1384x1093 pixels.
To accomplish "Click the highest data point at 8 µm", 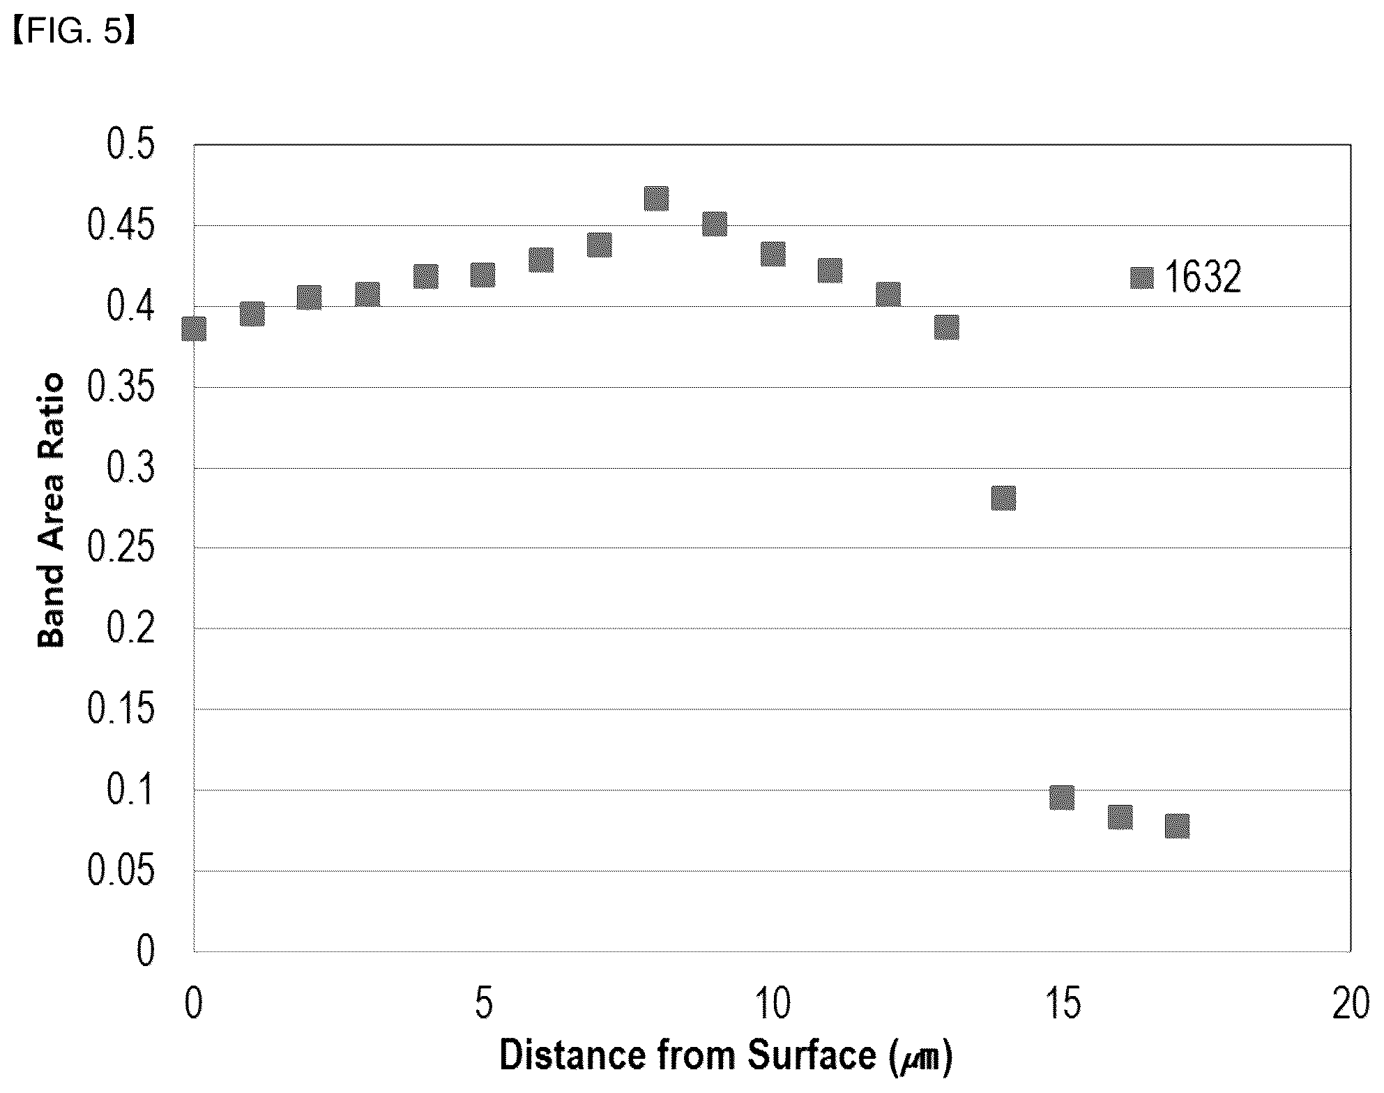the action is [656, 199].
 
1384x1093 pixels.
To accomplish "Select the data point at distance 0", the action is [194, 329].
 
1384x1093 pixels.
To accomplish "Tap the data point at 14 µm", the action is [1003, 499].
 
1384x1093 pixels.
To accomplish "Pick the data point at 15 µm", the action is [1062, 797].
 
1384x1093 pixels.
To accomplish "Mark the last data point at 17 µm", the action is [1177, 826].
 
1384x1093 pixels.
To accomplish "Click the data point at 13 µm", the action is [946, 326].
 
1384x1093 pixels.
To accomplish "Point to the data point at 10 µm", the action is [773, 254].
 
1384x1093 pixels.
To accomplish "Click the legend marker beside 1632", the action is [1142, 278].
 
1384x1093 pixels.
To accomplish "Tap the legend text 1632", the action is [1203, 278].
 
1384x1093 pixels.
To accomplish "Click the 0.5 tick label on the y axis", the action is [130, 146].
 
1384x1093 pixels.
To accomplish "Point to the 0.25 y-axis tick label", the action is [121, 548].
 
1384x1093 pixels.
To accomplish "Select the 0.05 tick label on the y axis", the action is [121, 871].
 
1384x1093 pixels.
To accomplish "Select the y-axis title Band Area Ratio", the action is [50, 511].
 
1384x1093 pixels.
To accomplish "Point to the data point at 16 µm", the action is [1120, 817].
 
